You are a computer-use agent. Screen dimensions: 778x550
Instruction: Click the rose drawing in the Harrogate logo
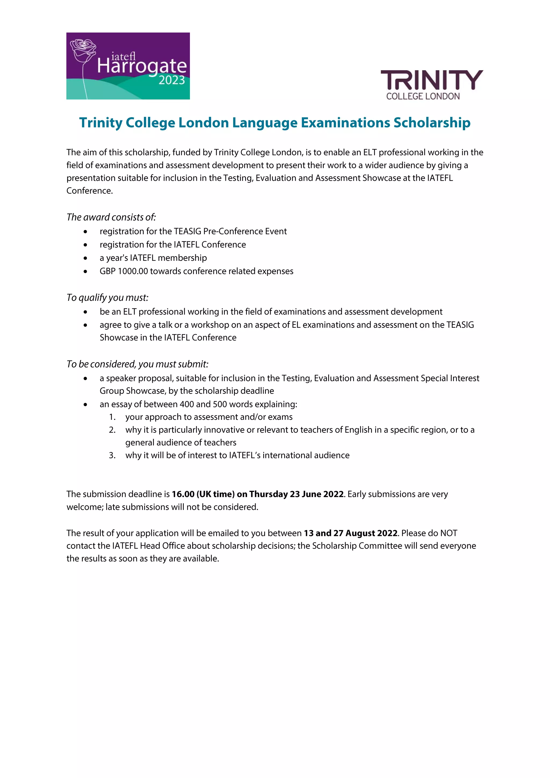click(83, 51)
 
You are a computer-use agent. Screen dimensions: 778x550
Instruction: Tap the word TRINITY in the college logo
click(432, 80)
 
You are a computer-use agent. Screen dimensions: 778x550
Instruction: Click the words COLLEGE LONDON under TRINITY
click(423, 96)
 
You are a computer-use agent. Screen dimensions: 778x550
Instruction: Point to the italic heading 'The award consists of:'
click(111, 217)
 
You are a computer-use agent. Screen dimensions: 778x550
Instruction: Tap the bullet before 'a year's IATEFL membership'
click(85, 258)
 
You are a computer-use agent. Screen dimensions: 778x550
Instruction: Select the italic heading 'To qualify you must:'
click(107, 297)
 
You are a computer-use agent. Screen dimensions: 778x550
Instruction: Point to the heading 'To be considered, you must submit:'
click(137, 364)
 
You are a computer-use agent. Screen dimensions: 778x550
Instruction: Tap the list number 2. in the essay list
click(112, 430)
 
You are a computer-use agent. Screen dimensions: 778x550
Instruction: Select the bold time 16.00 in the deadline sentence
click(183, 494)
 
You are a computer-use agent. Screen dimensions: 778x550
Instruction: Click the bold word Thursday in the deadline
click(268, 494)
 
